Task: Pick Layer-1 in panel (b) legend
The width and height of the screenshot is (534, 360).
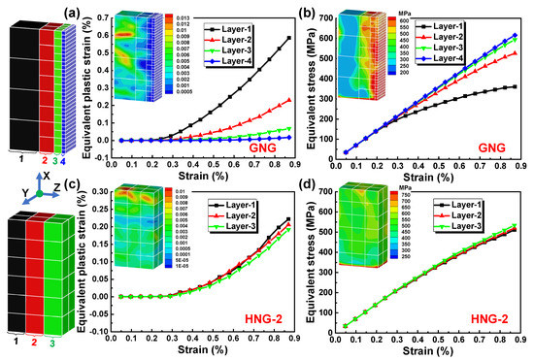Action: [490, 21]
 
